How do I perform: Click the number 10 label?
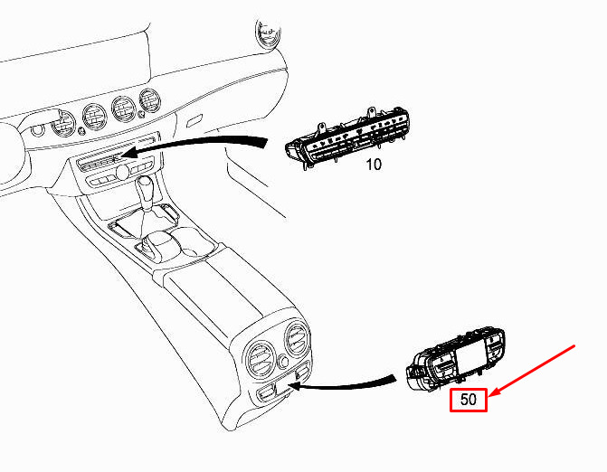pos(374,166)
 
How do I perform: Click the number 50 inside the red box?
pos(468,398)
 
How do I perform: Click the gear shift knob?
pos(146,191)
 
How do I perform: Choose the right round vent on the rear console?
pos(297,341)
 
